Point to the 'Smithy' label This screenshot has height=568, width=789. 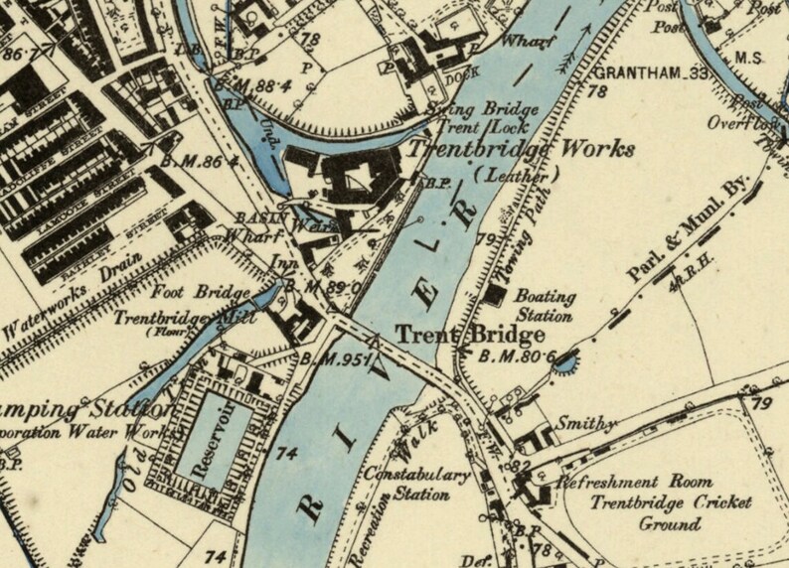coord(581,423)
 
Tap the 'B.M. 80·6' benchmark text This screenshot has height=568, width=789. coord(514,356)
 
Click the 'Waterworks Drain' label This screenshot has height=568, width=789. coord(69,290)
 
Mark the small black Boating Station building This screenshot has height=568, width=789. coord(496,294)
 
